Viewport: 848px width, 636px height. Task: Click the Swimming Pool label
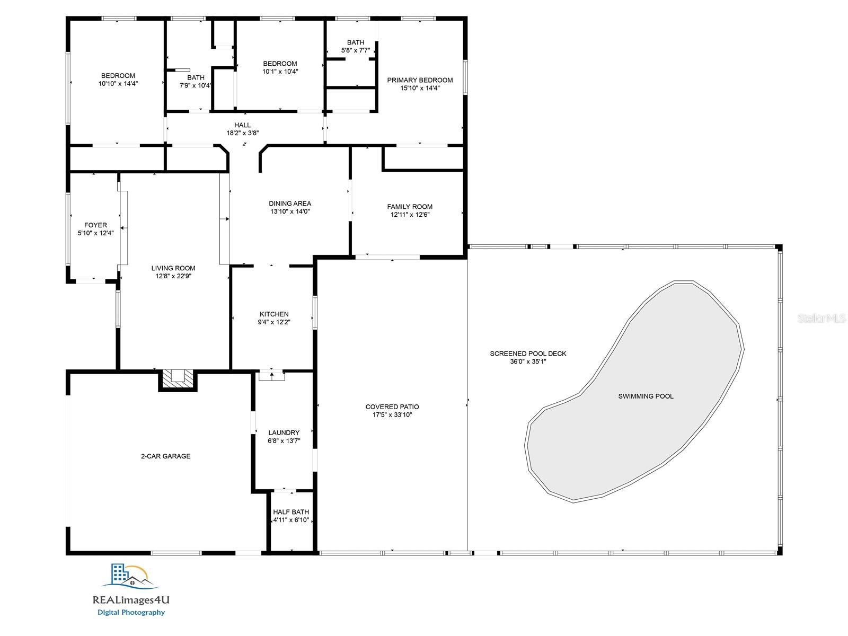[x=646, y=396]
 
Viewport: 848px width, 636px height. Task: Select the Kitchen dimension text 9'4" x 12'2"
[x=274, y=322]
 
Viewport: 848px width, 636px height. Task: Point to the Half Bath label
[x=291, y=512]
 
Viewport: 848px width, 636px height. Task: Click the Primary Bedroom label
[x=420, y=80]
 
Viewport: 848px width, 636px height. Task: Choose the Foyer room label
[x=95, y=225]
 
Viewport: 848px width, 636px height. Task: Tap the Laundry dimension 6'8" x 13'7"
[x=284, y=440]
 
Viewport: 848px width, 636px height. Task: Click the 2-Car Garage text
[x=165, y=456]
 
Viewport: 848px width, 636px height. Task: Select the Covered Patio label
[x=392, y=407]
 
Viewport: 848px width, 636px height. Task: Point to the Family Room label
[x=410, y=207]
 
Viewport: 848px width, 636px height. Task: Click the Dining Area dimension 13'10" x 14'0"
[x=290, y=211]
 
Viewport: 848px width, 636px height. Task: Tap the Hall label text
[x=242, y=125]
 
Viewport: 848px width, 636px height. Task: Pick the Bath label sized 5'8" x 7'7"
[x=356, y=42]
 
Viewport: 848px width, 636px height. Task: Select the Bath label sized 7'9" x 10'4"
[x=196, y=77]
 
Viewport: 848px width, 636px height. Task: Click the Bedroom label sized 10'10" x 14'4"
[x=118, y=75]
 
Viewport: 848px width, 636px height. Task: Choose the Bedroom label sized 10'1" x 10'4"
[x=280, y=63]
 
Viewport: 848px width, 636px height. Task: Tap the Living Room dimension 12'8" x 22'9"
[x=173, y=276]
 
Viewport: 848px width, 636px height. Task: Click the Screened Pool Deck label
[x=528, y=354]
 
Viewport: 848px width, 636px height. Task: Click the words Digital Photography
[x=131, y=613]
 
